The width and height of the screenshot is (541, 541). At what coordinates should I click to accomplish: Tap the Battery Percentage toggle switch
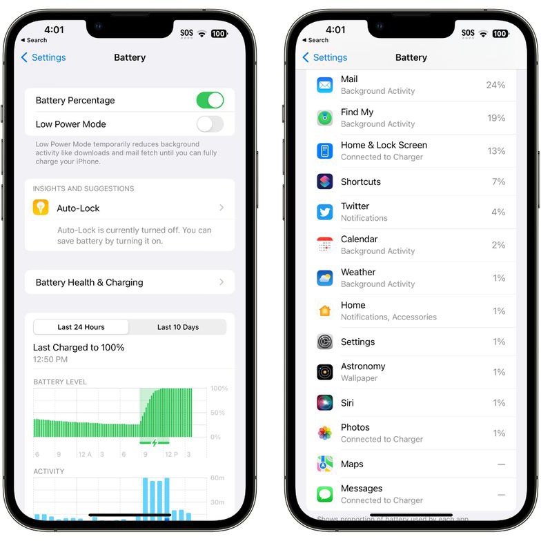click(210, 101)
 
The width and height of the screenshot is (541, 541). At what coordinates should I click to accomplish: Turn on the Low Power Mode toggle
click(210, 124)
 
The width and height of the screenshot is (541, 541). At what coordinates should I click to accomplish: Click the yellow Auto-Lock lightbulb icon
click(41, 207)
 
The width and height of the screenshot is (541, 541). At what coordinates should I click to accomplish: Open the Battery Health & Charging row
click(130, 282)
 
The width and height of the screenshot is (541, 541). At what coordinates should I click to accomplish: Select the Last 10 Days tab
click(178, 327)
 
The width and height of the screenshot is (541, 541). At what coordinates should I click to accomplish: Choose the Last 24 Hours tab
click(81, 327)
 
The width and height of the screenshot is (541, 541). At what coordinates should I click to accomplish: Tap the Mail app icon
click(324, 85)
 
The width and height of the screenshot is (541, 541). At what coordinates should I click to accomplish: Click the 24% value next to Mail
click(495, 85)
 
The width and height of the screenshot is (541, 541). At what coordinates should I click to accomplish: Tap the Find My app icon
click(324, 118)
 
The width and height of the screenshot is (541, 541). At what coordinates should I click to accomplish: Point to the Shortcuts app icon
click(324, 181)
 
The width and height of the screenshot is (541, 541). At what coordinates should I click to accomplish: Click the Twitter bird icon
click(324, 212)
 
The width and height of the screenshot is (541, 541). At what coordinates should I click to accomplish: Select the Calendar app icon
click(324, 245)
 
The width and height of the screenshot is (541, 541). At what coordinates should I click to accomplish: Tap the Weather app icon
click(324, 278)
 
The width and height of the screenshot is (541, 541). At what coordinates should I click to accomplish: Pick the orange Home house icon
click(324, 311)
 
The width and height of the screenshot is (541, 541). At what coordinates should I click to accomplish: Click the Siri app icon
click(324, 403)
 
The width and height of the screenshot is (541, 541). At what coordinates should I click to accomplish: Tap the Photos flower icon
click(324, 433)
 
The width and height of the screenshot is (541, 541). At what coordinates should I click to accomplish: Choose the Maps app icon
click(324, 464)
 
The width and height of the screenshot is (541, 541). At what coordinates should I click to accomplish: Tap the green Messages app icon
click(324, 494)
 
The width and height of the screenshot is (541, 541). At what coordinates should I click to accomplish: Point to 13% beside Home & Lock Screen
click(496, 150)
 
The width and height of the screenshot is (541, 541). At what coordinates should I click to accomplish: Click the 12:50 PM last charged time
click(50, 359)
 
